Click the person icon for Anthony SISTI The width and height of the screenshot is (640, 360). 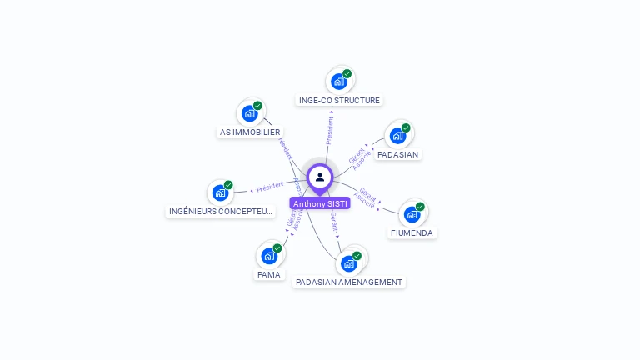coord(320,177)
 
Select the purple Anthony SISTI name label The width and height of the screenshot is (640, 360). coord(320,203)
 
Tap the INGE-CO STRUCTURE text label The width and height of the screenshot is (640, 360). coord(339,101)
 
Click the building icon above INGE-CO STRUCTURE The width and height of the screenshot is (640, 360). coord(339,81)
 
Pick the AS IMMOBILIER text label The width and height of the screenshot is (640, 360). coord(250,132)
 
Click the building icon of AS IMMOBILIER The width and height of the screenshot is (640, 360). coord(249,113)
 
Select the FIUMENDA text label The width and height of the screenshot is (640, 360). coord(412,233)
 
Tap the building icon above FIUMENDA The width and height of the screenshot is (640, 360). coord(412,214)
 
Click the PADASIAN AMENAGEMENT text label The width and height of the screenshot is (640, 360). coord(349,282)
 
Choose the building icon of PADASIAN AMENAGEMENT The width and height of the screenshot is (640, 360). coord(349,263)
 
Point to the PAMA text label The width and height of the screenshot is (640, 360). coord(269,274)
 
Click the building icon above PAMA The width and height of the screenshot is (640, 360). coord(269,256)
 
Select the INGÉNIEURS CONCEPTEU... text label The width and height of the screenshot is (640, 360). coord(221,212)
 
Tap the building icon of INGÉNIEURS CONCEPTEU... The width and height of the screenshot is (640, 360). coord(220,192)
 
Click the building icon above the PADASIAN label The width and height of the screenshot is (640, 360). coord(397,136)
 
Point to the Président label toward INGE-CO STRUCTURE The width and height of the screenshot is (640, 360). coord(330,130)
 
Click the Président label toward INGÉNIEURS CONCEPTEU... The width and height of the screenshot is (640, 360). coord(270,186)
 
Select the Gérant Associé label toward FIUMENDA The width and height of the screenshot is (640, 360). coord(366,196)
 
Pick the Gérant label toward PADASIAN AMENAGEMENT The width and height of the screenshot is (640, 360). coord(334,222)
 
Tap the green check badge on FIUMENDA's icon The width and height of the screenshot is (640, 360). coord(420,207)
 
